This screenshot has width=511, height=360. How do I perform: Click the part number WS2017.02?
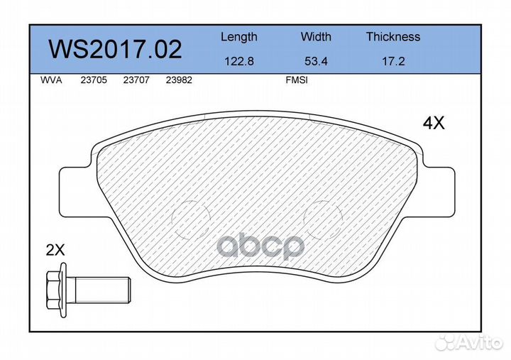pos(115,49)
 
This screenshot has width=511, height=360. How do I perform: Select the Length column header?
pos(239,37)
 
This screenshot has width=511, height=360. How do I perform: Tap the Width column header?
pos(316,36)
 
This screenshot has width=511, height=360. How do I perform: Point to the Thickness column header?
pos(393,36)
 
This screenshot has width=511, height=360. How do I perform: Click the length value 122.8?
pos(239,61)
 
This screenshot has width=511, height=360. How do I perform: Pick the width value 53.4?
pos(316,61)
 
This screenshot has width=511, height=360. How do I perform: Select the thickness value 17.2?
pos(393,61)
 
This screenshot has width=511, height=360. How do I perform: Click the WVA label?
pos(51,80)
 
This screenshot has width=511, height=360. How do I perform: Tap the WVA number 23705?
pos(94,80)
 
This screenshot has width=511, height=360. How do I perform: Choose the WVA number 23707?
pos(136,80)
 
